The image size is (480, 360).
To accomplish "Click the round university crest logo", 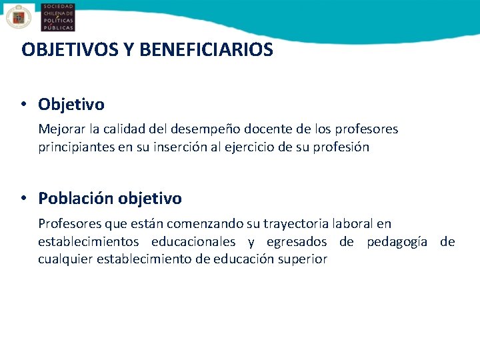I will pyautogui.click(x=18, y=17).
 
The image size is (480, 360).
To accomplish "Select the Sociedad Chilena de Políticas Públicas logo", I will pyautogui.click(x=57, y=17).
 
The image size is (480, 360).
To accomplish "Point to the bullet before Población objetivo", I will pyautogui.click(x=23, y=198).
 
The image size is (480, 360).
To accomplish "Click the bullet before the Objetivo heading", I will pyautogui.click(x=23, y=104).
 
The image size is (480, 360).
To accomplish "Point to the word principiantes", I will pyautogui.click(x=76, y=147).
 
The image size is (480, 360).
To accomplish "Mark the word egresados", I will pyautogui.click(x=297, y=241).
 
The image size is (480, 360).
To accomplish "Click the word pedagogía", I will pyautogui.click(x=397, y=241).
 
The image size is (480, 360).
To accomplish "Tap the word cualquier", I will pyautogui.click(x=65, y=259).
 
